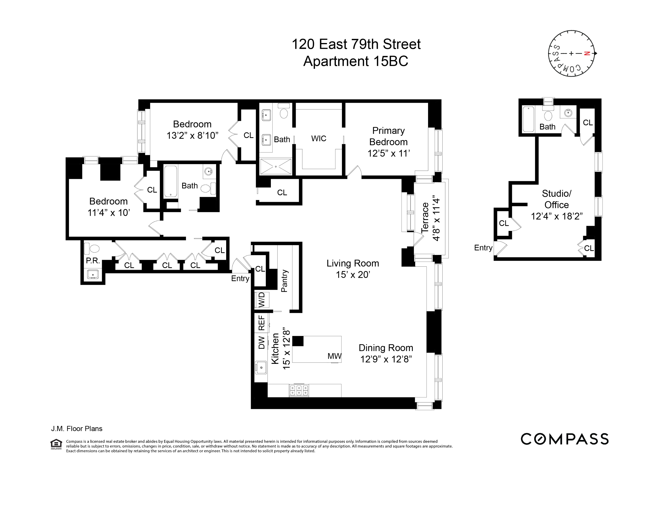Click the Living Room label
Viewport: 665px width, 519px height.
353,263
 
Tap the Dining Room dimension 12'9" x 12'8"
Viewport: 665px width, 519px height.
386,359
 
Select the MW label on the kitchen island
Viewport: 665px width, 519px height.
334,356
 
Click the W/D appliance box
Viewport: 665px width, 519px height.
261,300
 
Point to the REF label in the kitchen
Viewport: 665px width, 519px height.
261,323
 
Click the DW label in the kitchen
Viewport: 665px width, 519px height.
261,342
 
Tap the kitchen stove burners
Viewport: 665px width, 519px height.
299,390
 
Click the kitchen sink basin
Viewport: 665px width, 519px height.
261,367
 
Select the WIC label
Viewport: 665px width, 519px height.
318,138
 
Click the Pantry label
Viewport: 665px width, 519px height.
284,281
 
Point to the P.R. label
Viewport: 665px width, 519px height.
93,260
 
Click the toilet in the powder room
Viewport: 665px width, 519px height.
92,249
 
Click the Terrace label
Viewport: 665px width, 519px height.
425,218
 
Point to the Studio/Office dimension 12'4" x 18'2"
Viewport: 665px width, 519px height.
557,216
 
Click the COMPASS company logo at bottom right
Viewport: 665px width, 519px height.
564,439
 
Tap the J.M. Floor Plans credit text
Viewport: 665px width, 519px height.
77,429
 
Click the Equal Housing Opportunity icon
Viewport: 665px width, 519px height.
56,444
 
